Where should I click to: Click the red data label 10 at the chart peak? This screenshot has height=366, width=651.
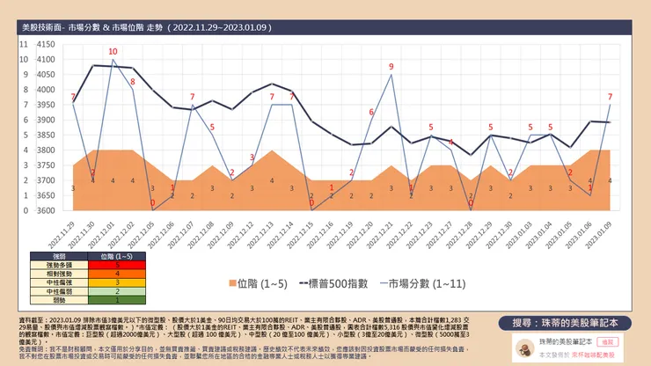(113, 52)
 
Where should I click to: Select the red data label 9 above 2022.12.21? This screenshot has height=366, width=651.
(391, 67)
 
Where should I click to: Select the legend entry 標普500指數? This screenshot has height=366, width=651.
(340, 283)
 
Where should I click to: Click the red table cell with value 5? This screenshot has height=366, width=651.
(117, 264)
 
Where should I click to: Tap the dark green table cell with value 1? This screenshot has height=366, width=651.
(117, 299)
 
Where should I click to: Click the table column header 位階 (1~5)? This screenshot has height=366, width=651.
(117, 255)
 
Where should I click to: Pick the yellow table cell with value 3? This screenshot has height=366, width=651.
(117, 282)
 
